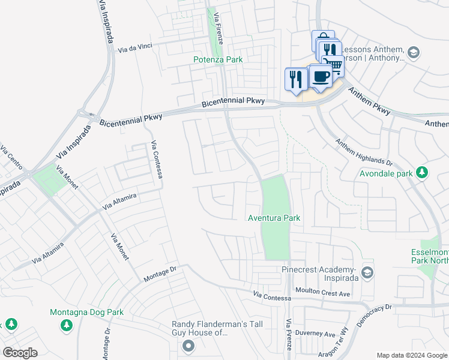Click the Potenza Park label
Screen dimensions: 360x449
tap(218, 59)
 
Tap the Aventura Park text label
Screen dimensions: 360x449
tap(274, 218)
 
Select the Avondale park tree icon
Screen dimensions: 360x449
tap(423, 173)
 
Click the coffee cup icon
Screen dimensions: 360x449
tap(321, 76)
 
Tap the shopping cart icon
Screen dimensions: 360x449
tap(334, 66)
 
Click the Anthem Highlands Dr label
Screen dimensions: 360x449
tap(363, 154)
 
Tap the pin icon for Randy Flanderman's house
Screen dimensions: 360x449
tap(189, 345)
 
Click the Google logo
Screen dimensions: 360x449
tap(20, 352)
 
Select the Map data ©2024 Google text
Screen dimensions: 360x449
tap(411, 355)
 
